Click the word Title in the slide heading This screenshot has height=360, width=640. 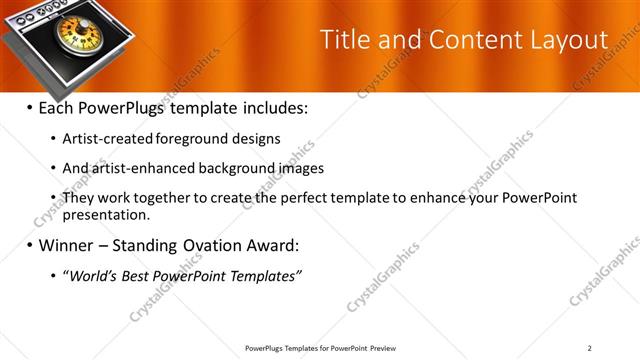[342, 40]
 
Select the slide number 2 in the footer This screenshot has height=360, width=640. [590, 348]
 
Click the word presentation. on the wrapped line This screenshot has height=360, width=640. [106, 214]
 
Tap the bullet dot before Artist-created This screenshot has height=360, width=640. [53, 139]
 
